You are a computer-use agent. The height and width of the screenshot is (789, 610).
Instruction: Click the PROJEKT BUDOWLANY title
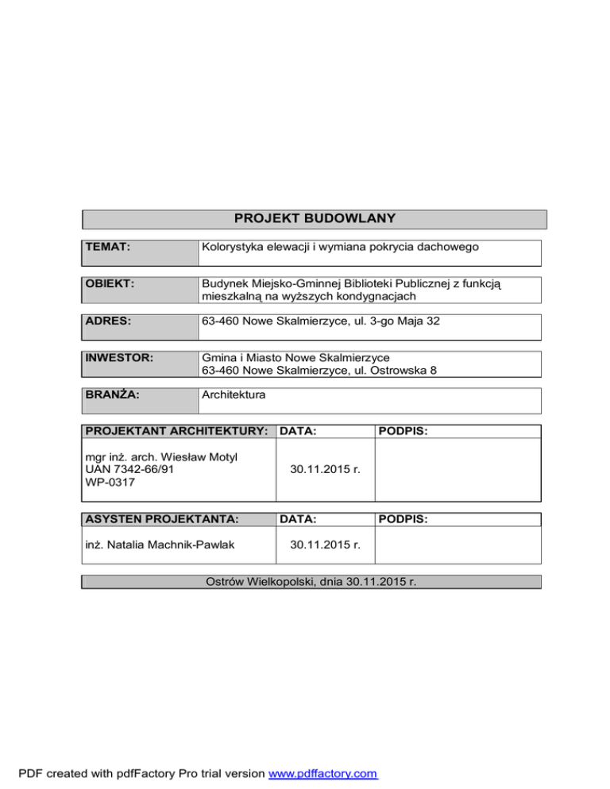[315, 218]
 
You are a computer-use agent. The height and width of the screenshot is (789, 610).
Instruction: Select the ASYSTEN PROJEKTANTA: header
[161, 519]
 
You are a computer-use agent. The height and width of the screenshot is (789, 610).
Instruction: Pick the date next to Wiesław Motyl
[326, 470]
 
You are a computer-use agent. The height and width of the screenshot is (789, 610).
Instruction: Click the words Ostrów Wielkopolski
[257, 582]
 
